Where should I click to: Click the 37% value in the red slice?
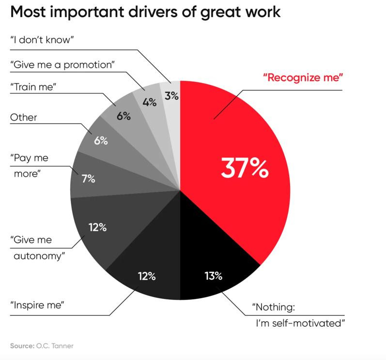coord(244,168)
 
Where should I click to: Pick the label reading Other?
coord(24,117)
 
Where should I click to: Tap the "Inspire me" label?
coord(37,305)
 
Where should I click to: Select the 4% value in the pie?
coord(149,103)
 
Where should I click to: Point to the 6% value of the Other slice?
coord(101,142)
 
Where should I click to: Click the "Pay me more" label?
coord(28,165)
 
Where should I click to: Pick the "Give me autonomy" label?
coord(37,248)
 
